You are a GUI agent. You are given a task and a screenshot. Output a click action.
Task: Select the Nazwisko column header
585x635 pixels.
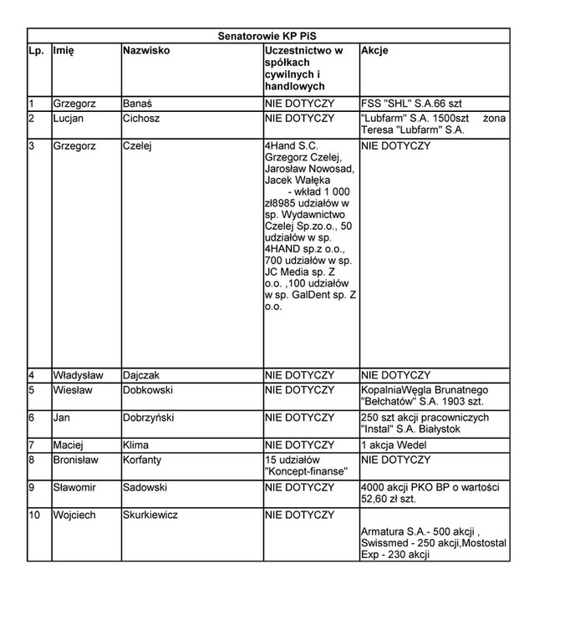pos(146,50)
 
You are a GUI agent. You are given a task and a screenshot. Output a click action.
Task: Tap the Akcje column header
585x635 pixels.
pos(374,50)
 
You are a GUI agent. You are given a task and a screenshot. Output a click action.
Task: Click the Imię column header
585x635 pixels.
pos(64,50)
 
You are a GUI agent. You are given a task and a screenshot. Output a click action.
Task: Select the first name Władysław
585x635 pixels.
pos(78,375)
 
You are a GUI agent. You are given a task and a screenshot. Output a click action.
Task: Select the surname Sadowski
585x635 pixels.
pos(145,487)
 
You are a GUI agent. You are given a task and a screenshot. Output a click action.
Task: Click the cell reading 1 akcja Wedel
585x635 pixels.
pos(395,445)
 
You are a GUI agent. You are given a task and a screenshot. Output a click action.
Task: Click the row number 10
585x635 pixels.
pos(34,515)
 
